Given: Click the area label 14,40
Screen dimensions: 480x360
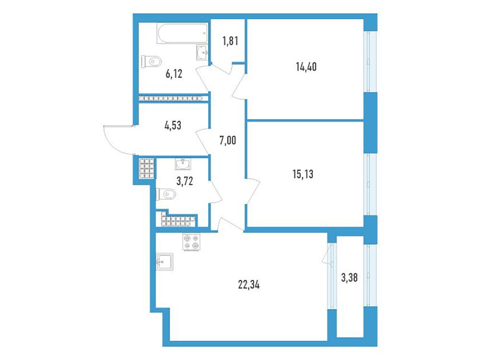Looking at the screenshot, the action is click(x=306, y=66).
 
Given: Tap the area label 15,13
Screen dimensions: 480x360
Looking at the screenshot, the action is click(x=303, y=174).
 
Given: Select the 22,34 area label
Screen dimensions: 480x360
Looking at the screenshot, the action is click(x=249, y=285).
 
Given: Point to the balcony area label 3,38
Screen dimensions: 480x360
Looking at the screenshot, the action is click(x=349, y=278).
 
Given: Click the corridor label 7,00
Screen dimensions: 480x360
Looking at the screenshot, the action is click(x=228, y=141).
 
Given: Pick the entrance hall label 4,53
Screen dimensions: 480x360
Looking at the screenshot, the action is click(x=173, y=125).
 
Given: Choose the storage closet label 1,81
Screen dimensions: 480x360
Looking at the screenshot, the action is click(x=230, y=41).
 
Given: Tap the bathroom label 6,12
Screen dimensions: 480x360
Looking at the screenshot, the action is click(x=174, y=74).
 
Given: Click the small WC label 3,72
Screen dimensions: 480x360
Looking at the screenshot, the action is click(x=185, y=181).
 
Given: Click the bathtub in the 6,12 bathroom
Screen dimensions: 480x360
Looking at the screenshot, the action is click(x=182, y=33).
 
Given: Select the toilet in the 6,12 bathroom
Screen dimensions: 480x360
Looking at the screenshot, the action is click(x=151, y=61).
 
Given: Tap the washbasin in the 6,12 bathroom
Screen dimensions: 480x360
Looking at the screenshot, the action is click(x=202, y=52).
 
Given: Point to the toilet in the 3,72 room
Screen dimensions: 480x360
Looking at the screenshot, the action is click(x=166, y=194).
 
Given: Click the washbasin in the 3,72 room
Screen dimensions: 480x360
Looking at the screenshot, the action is click(x=183, y=164).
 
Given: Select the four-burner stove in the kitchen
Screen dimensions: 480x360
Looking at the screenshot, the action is click(x=192, y=242).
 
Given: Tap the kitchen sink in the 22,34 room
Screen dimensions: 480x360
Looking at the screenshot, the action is click(x=165, y=262).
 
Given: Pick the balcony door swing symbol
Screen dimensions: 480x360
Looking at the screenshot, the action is click(x=327, y=253).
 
